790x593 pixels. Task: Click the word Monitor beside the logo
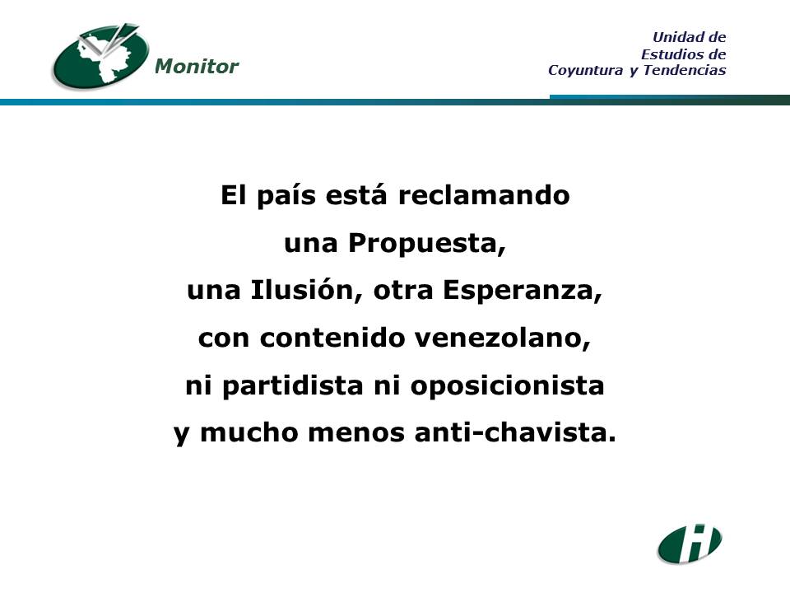click(197, 66)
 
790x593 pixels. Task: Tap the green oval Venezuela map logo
click(100, 56)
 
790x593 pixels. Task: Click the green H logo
click(690, 544)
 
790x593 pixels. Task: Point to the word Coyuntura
click(585, 70)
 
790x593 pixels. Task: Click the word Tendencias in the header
click(685, 69)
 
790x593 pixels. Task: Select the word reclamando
click(484, 195)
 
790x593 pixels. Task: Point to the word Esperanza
click(523, 290)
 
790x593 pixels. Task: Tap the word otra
click(403, 291)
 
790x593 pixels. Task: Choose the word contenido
click(332, 338)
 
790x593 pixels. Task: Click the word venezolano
click(502, 338)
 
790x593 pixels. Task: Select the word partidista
click(293, 385)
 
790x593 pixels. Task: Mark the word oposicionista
click(508, 385)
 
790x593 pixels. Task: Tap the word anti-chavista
click(515, 432)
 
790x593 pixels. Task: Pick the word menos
click(356, 433)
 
